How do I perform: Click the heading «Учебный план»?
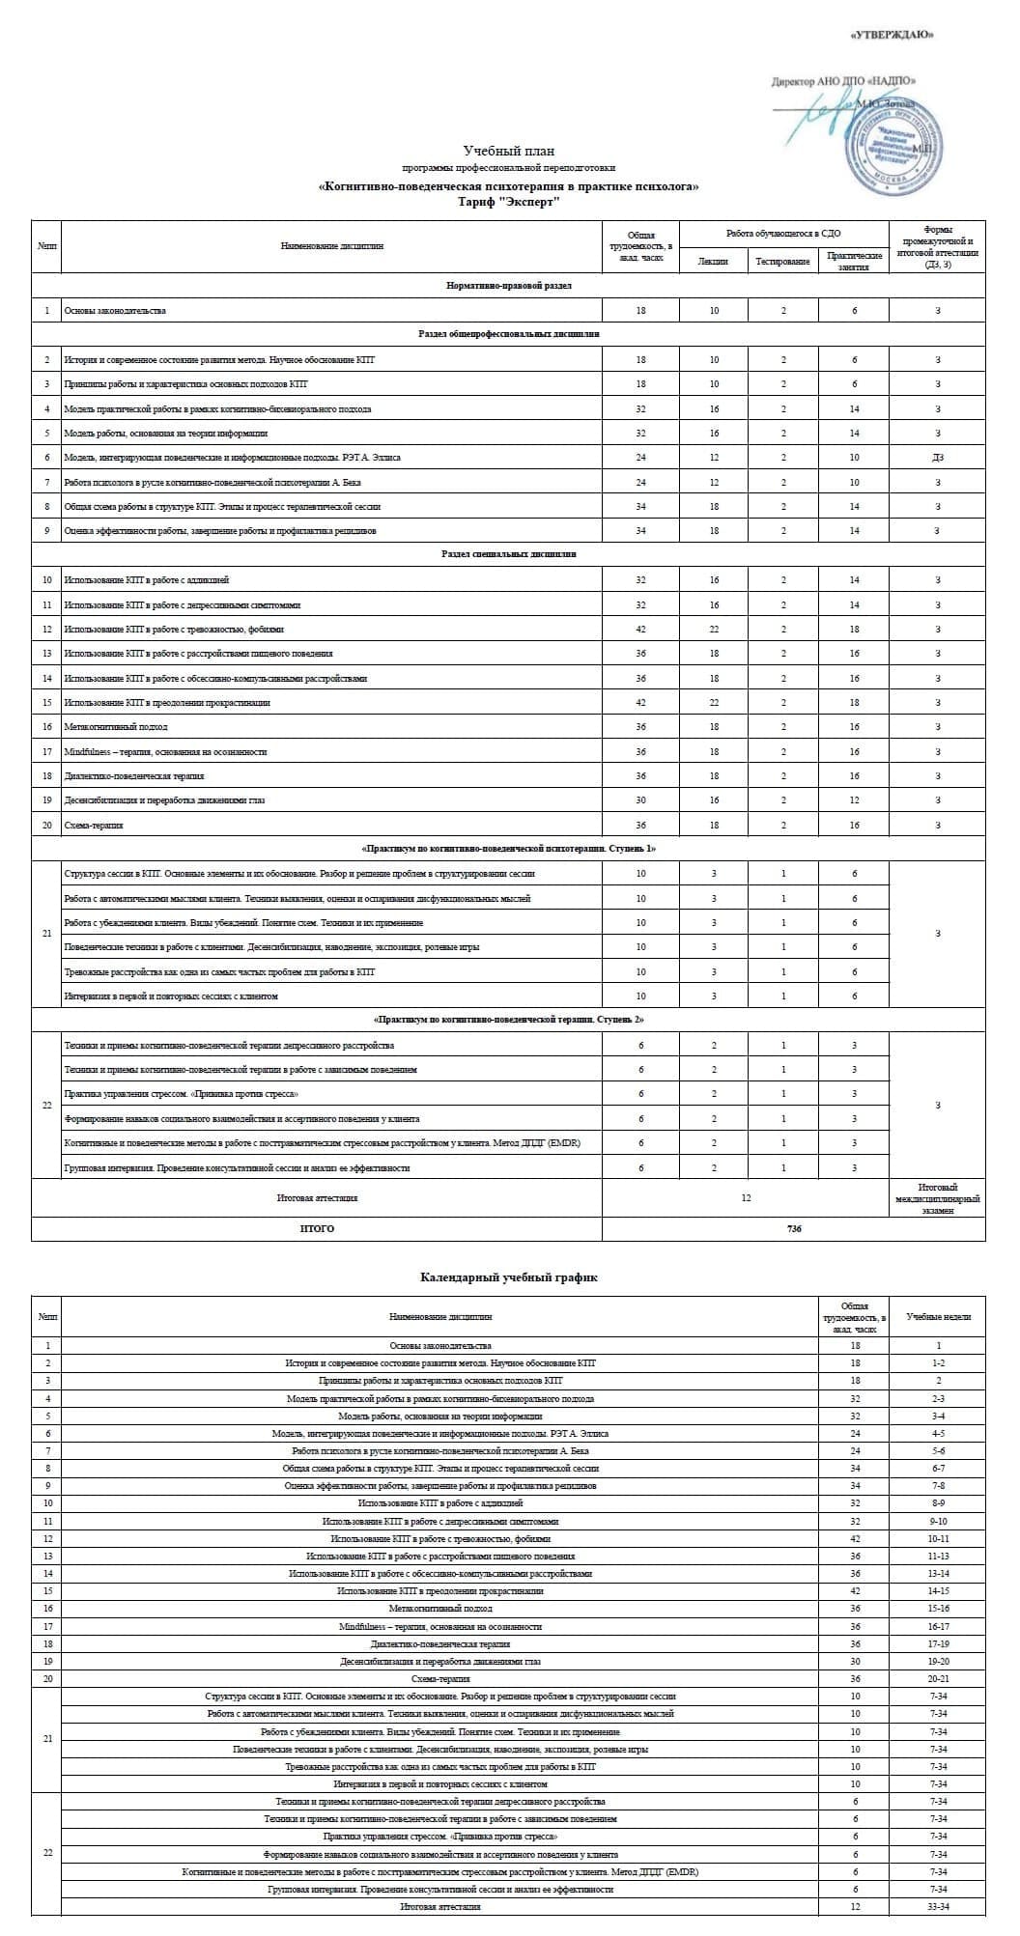(509, 151)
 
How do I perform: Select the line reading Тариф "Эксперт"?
(509, 202)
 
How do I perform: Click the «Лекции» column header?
(713, 262)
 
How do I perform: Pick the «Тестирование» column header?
(782, 262)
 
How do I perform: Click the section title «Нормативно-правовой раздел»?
(509, 286)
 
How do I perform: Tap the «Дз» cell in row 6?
(937, 458)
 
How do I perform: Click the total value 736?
(793, 1229)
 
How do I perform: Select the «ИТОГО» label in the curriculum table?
(317, 1229)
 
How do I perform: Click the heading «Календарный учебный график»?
(509, 1277)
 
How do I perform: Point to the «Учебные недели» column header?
(938, 1316)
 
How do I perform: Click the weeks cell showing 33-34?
(938, 1907)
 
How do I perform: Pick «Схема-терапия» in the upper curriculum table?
(94, 826)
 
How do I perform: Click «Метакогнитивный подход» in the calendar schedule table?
(439, 1609)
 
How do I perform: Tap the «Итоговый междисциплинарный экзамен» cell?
(937, 1198)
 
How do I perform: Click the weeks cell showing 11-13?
(938, 1556)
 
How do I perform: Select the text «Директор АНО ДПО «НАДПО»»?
(843, 82)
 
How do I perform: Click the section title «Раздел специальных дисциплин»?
(509, 554)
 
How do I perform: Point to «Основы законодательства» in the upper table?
(115, 311)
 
